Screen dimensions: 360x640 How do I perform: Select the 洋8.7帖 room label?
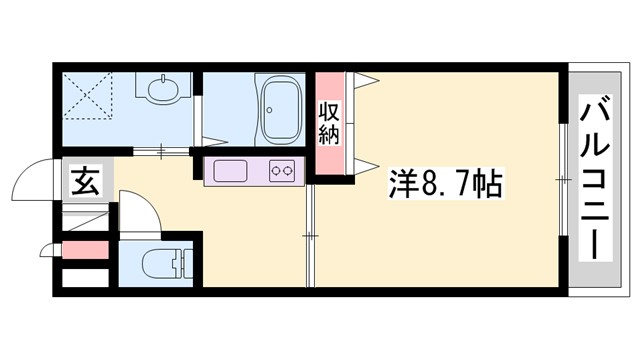(x=446, y=184)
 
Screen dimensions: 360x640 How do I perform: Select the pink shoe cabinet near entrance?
(x=83, y=248)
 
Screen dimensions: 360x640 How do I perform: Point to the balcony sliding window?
(x=564, y=180)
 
